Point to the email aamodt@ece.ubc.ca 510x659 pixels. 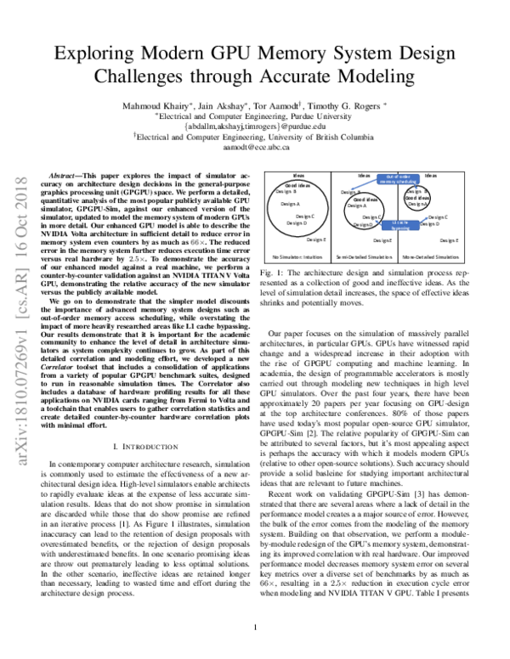pyautogui.click(x=255, y=146)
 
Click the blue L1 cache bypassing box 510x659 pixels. pyautogui.click(x=400, y=224)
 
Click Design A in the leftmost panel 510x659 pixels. pyautogui.click(x=290, y=205)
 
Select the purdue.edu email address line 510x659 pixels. pyautogui.click(x=255, y=126)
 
